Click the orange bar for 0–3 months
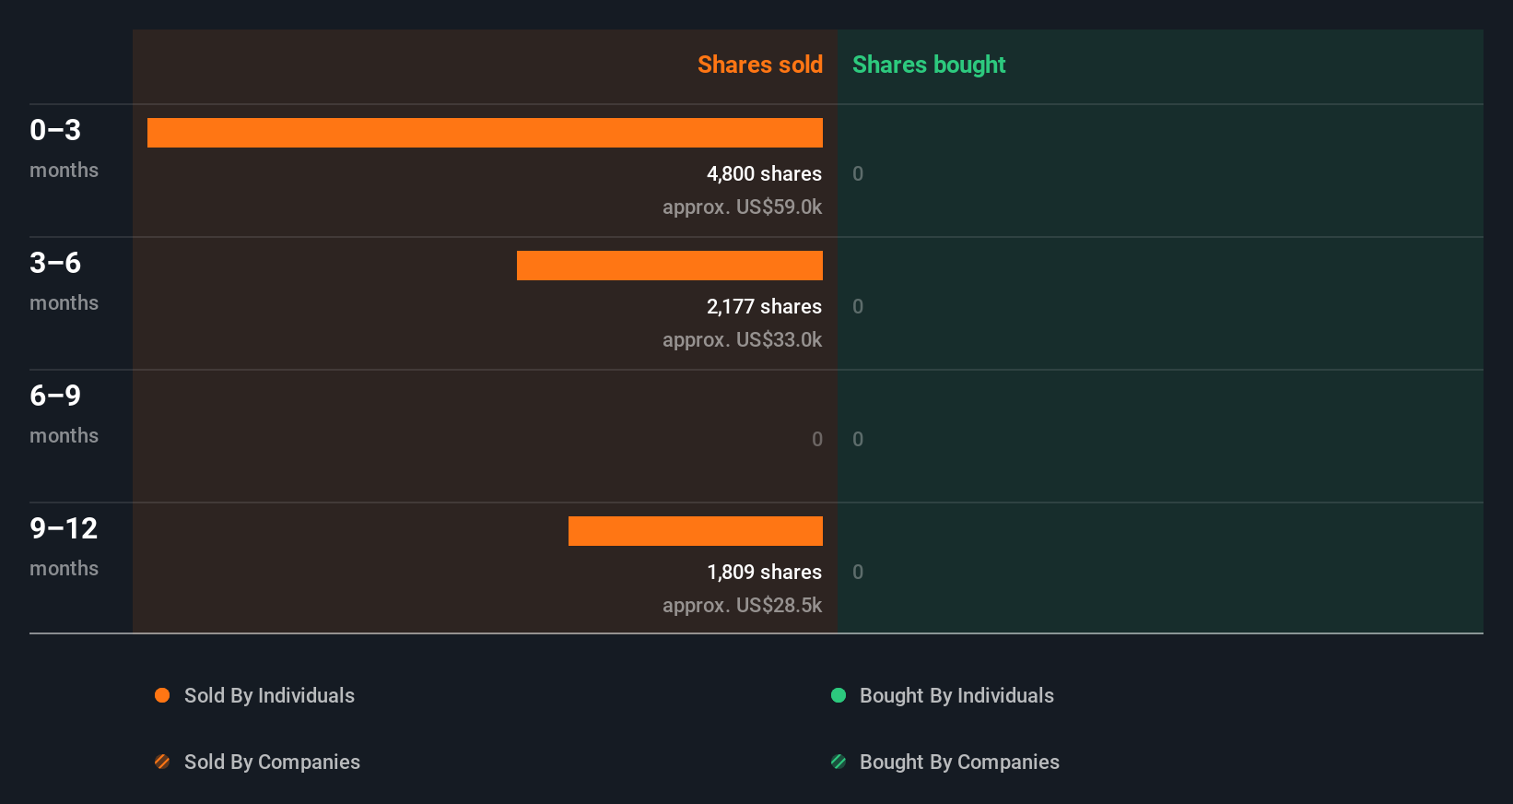click(485, 133)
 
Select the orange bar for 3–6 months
click(670, 266)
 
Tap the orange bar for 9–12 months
click(696, 531)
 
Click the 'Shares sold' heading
click(759, 65)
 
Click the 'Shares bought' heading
click(928, 65)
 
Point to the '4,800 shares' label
click(764, 173)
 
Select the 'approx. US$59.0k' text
click(742, 207)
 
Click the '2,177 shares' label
click(764, 306)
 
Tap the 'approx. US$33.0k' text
click(742, 339)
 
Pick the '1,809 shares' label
click(764, 572)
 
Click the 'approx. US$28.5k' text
click(742, 605)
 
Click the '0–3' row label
click(55, 130)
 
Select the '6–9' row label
click(55, 396)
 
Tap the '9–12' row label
click(64, 528)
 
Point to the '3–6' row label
click(55, 263)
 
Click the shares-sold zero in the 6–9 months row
click(816, 439)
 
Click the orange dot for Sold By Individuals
click(162, 695)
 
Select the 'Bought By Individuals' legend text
click(956, 695)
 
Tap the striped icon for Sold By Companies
click(162, 762)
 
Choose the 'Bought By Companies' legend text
click(959, 762)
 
